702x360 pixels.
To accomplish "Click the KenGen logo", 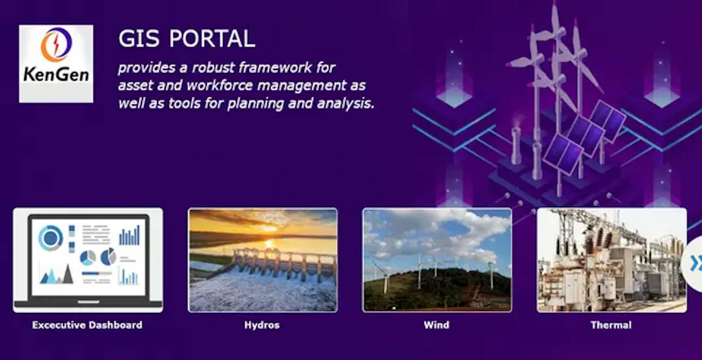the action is [x=56, y=64].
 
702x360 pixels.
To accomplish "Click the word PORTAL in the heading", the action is [x=212, y=38].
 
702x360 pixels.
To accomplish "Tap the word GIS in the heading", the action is [x=139, y=38].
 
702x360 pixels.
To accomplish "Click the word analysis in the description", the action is [x=345, y=104].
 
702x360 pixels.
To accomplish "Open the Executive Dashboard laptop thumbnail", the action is [x=88, y=260].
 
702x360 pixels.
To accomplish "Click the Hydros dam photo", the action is [x=263, y=260].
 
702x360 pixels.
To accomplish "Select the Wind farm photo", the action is [x=437, y=260].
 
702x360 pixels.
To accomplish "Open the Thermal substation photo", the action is [x=611, y=260].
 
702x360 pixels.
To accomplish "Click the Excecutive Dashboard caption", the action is [x=87, y=325].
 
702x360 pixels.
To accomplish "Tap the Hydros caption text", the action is [x=262, y=325].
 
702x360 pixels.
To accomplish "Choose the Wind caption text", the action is [x=436, y=325].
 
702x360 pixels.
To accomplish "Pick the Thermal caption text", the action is [x=611, y=325].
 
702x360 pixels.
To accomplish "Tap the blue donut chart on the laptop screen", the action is [x=51, y=238].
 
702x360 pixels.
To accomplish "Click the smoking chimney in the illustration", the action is [x=516, y=144].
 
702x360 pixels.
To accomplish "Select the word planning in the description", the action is [x=254, y=104].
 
